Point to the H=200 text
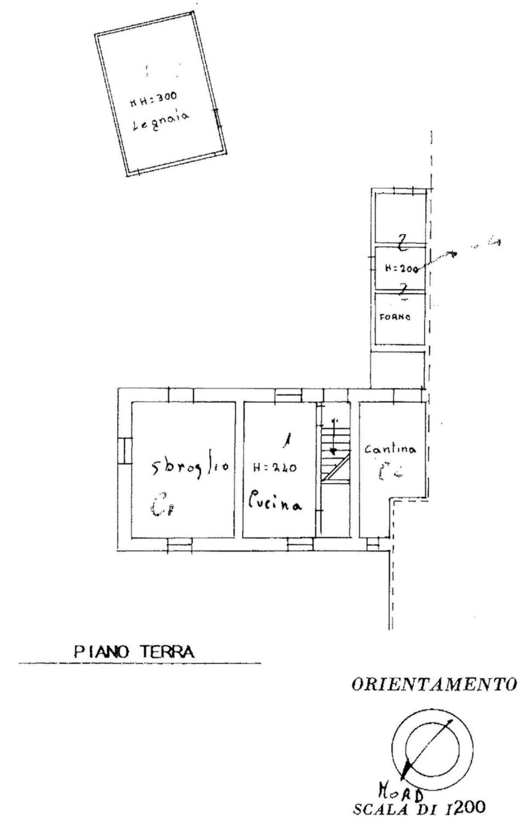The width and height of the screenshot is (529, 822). (x=401, y=268)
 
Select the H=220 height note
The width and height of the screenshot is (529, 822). (x=275, y=468)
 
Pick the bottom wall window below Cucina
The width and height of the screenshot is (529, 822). (x=300, y=545)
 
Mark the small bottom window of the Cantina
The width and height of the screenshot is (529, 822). (x=373, y=545)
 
